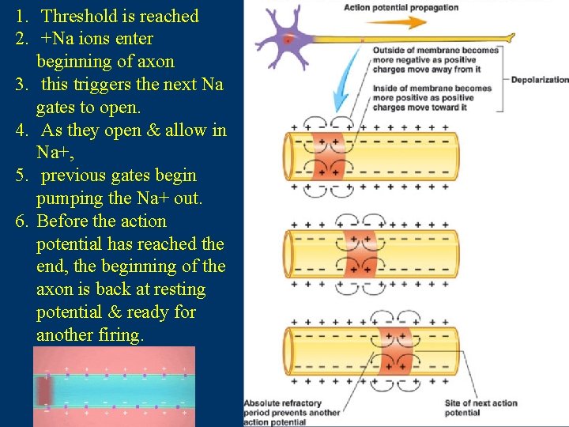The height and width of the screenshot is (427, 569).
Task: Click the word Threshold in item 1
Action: click(79, 15)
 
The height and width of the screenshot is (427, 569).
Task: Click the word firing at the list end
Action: click(119, 334)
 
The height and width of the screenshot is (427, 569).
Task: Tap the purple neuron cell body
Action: click(287, 37)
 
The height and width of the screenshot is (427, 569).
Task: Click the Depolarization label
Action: click(540, 79)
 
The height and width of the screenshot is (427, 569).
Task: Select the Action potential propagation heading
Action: click(401, 7)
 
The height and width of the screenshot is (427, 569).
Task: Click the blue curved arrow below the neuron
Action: click(342, 92)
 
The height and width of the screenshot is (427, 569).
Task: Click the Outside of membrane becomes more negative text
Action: click(435, 59)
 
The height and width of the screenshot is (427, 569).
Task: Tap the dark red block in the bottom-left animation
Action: click(44, 390)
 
